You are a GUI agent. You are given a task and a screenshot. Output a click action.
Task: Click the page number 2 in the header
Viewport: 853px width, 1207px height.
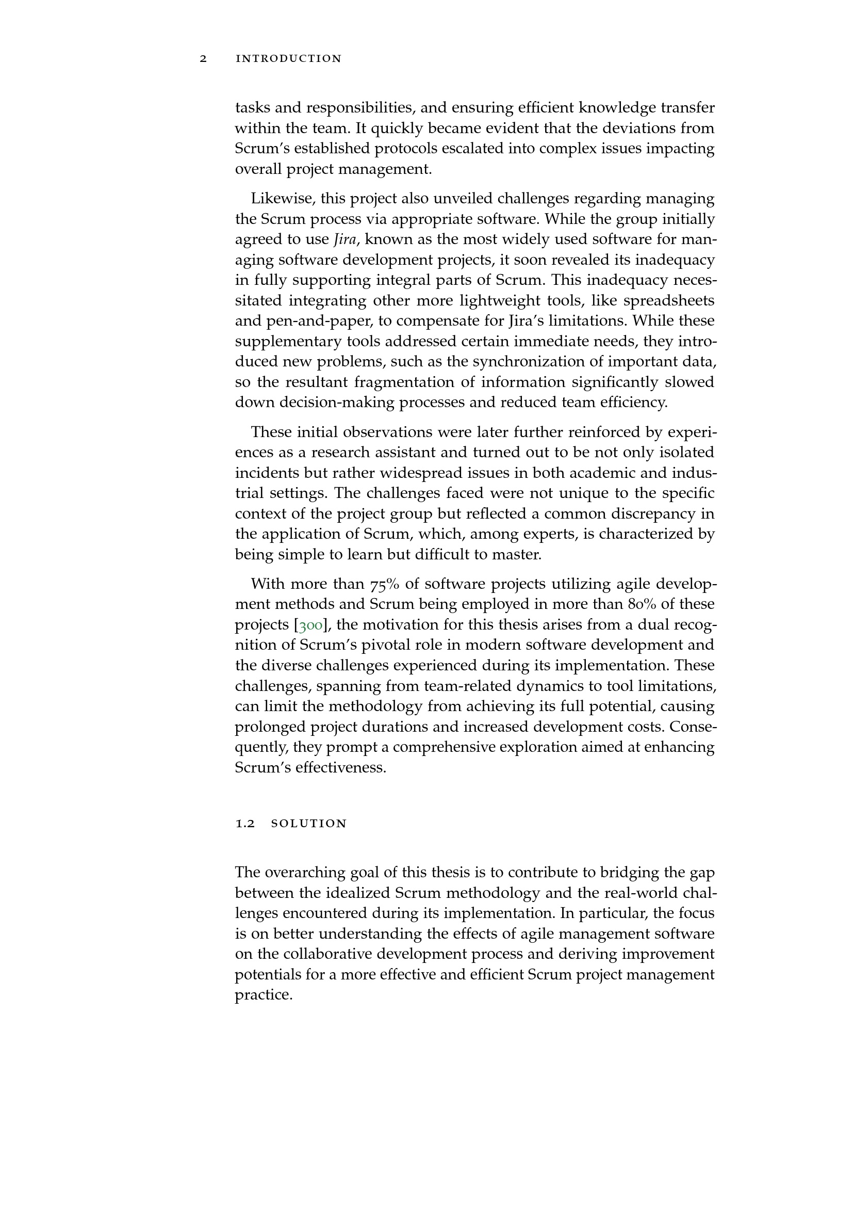pos(203,59)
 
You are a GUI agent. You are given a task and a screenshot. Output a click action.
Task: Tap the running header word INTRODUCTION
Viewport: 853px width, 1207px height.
pos(289,59)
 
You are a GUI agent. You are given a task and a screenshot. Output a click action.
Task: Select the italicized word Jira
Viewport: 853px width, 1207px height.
pos(346,240)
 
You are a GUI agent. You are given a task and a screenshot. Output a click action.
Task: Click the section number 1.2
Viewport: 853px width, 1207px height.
pos(245,824)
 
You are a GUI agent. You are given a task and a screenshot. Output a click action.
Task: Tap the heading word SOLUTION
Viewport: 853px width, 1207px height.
pos(309,824)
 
